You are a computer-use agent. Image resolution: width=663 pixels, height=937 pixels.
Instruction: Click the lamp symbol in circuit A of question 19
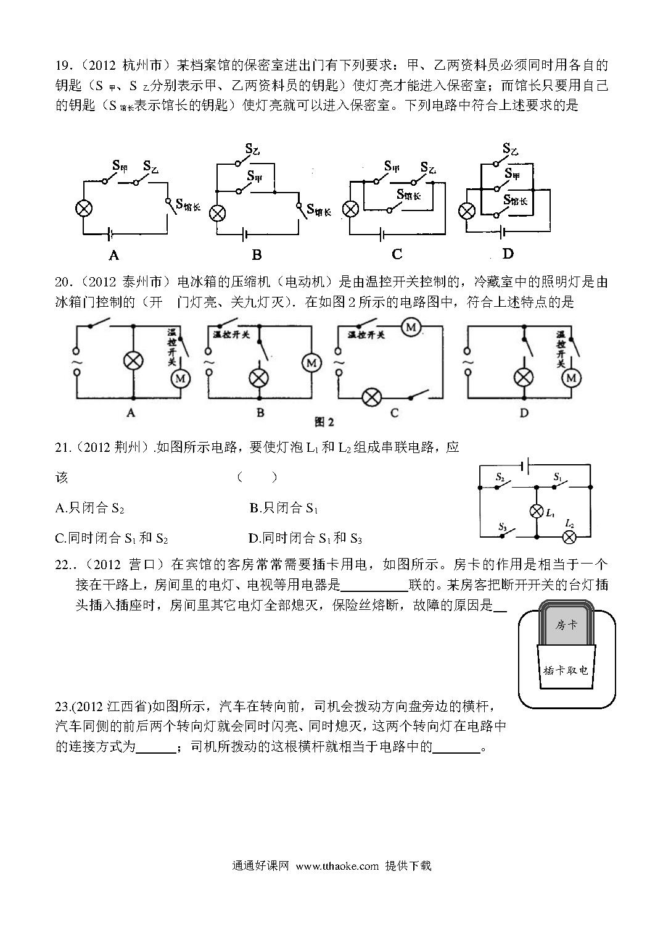click(84, 208)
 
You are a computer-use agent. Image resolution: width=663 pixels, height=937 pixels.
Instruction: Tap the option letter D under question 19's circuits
click(508, 254)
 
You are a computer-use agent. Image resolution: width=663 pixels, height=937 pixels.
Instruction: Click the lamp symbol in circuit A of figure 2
click(133, 360)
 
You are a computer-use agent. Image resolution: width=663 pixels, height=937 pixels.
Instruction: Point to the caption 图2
click(324, 422)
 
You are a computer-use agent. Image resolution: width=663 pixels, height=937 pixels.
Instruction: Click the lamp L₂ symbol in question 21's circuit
click(569, 536)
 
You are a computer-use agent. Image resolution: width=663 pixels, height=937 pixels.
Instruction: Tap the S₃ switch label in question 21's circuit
click(503, 527)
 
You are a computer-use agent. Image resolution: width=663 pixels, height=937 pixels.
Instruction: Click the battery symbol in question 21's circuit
click(526, 465)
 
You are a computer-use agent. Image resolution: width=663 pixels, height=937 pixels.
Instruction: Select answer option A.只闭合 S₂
click(90, 508)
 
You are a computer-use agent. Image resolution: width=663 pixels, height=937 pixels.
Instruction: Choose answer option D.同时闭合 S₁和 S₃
click(305, 538)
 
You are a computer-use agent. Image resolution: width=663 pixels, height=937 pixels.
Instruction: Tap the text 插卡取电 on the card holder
click(566, 670)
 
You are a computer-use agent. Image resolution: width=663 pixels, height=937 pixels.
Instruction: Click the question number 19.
click(64, 65)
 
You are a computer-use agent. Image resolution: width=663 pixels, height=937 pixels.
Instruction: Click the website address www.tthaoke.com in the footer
click(337, 865)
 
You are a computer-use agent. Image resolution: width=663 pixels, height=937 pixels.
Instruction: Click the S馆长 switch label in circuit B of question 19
click(319, 210)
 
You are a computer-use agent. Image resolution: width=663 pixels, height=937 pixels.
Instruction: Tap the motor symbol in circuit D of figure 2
click(571, 378)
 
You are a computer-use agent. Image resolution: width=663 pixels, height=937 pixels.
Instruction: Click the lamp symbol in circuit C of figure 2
click(371, 396)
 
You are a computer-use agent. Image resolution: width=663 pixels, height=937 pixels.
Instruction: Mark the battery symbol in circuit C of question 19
click(382, 235)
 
